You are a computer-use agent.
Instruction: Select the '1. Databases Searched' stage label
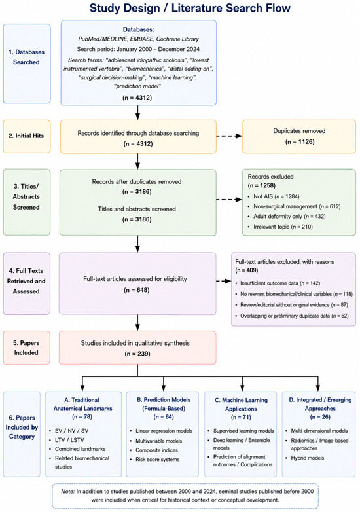(x=26, y=57)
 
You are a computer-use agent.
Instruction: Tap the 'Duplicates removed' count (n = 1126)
(x=299, y=141)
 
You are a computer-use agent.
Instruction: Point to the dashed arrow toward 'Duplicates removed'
(x=229, y=136)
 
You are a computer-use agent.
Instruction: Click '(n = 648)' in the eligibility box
(x=137, y=290)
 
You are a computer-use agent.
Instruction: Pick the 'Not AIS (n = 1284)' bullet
(x=276, y=196)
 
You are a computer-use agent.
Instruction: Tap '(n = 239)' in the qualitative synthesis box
(x=137, y=354)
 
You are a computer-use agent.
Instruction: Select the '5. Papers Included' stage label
(x=26, y=348)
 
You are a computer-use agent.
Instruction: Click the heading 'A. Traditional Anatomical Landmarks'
(x=83, y=404)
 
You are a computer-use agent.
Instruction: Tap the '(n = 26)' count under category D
(x=320, y=417)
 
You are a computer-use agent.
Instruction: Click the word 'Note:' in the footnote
(x=67, y=491)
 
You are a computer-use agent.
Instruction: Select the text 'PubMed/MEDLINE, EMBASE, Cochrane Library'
(x=138, y=39)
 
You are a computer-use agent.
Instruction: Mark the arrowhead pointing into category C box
(x=242, y=388)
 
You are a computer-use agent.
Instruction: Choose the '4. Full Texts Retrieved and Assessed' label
(x=26, y=281)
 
